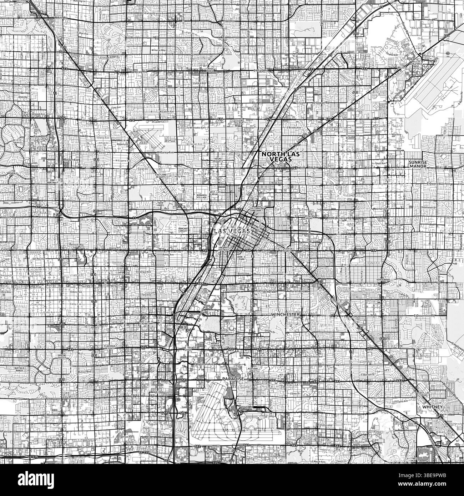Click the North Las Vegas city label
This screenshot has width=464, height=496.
pyautogui.click(x=279, y=157)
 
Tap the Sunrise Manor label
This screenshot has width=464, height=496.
pyautogui.click(x=416, y=164)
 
